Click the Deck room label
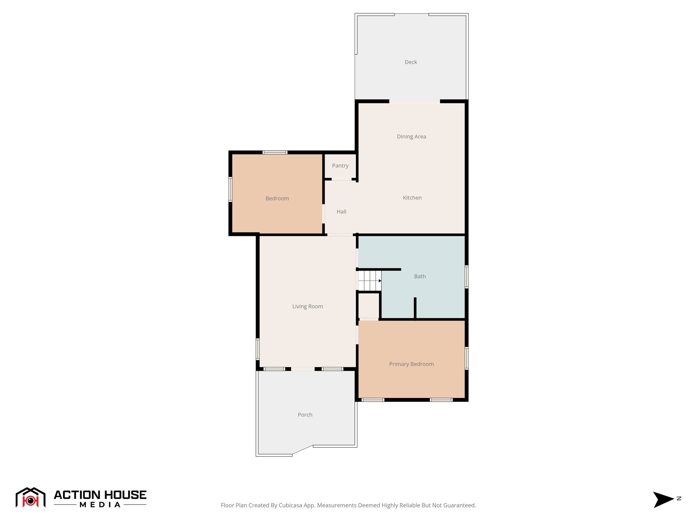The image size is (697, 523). coord(411,62)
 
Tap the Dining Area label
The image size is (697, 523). coord(411,137)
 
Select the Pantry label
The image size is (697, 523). coord(340,166)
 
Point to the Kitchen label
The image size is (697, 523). coord(412,198)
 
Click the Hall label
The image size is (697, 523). coord(341,212)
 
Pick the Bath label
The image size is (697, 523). coord(420,276)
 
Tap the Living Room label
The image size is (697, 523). coord(307,306)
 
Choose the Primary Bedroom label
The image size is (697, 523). coord(411,364)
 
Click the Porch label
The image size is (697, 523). coord(305,415)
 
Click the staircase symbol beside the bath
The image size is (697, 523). coord(369,281)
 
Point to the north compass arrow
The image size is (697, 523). coord(663,500)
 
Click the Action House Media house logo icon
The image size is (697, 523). coord(30,497)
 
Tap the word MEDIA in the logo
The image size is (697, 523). coord(100,505)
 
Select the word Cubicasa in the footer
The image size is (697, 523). coord(290,505)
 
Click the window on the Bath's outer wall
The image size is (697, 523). coord(467,277)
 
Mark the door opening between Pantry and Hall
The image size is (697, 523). coord(341,179)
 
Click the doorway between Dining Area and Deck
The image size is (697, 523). coord(415,101)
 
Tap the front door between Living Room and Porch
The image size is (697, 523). coord(303,369)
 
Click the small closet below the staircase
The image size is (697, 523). coord(369,306)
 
